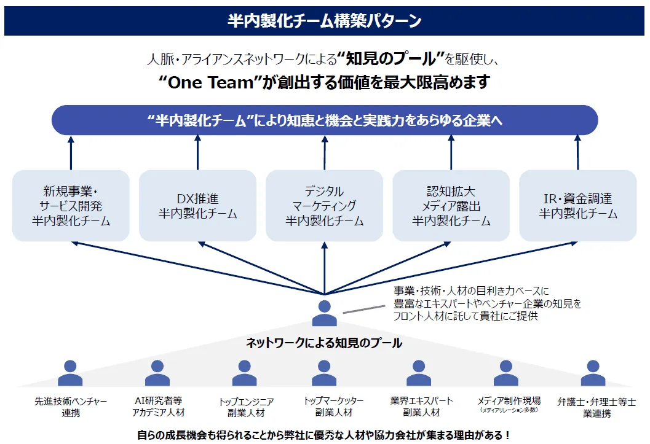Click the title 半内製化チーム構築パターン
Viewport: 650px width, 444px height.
(x=325, y=21)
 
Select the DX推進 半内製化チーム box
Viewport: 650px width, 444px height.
(x=197, y=206)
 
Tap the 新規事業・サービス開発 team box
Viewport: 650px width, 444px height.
(x=71, y=206)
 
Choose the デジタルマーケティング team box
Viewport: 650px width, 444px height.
(x=324, y=206)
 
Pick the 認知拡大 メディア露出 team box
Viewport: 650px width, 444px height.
(x=451, y=206)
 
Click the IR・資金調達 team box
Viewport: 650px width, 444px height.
(x=578, y=206)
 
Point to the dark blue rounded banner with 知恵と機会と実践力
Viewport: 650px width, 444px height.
(x=325, y=120)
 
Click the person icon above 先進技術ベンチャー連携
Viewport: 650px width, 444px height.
(x=70, y=373)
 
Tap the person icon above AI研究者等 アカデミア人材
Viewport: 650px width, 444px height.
(x=157, y=373)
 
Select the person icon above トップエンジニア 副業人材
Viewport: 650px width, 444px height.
(x=245, y=373)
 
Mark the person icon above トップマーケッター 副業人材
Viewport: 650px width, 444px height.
(x=324, y=373)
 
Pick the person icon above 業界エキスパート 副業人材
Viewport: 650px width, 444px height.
(x=419, y=373)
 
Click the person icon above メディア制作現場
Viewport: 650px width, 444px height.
(x=506, y=373)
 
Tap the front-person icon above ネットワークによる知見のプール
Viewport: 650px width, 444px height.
(x=324, y=313)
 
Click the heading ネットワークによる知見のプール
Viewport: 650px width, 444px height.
(x=324, y=343)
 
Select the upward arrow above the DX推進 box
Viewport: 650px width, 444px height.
(x=197, y=152)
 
